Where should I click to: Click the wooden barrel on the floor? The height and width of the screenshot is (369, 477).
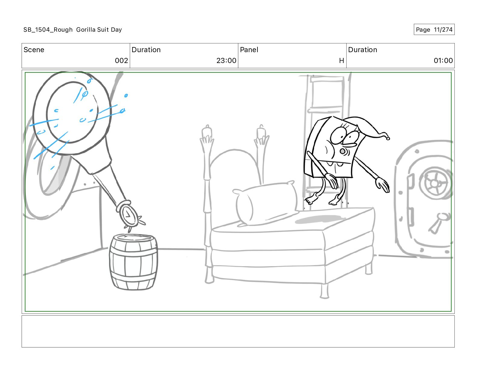coord(133,262)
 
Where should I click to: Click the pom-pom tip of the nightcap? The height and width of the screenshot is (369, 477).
coord(388,138)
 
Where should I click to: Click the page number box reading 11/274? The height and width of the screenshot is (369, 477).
coord(434,30)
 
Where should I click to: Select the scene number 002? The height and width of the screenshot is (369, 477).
coord(121,61)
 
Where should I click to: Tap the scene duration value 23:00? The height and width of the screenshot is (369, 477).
coord(226,61)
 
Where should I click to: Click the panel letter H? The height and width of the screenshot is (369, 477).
coord(341,61)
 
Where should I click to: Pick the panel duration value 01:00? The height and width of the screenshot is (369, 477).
coord(443,61)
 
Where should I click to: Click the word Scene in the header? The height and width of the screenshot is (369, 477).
coord(34,50)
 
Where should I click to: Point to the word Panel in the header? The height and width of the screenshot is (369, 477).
coord(249,50)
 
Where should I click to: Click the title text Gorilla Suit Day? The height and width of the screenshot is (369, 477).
coord(99,30)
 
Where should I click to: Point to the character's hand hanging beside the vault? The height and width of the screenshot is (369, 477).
coord(382,184)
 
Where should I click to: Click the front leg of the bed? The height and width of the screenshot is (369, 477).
coord(324,291)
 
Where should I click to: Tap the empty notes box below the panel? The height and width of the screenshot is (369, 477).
coord(238,331)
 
